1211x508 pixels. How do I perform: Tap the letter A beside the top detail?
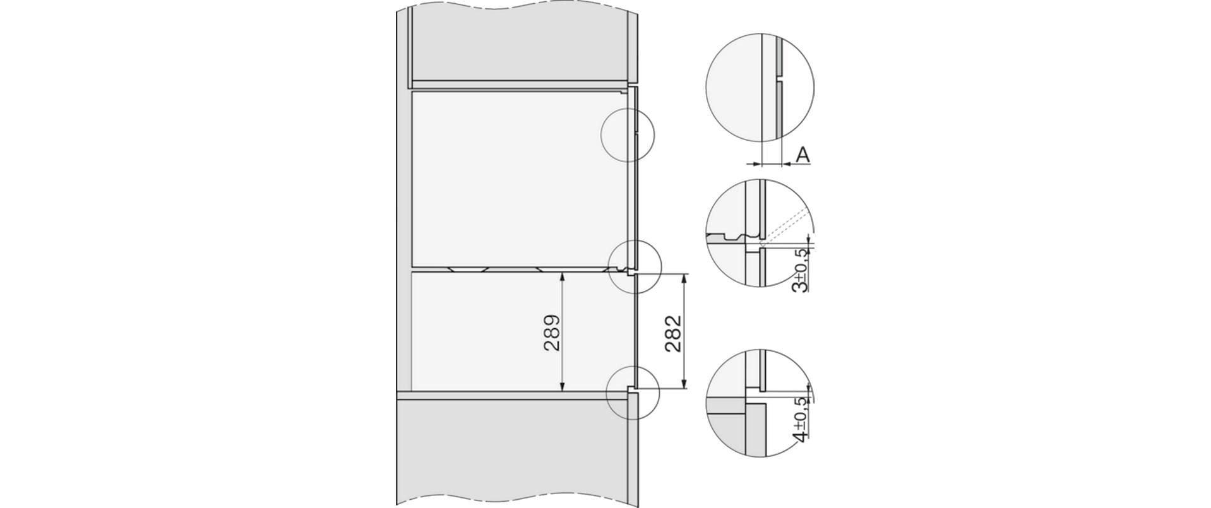click(x=802, y=154)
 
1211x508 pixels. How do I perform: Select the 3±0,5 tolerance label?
click(x=801, y=270)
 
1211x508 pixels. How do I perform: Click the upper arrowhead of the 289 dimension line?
click(x=561, y=276)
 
